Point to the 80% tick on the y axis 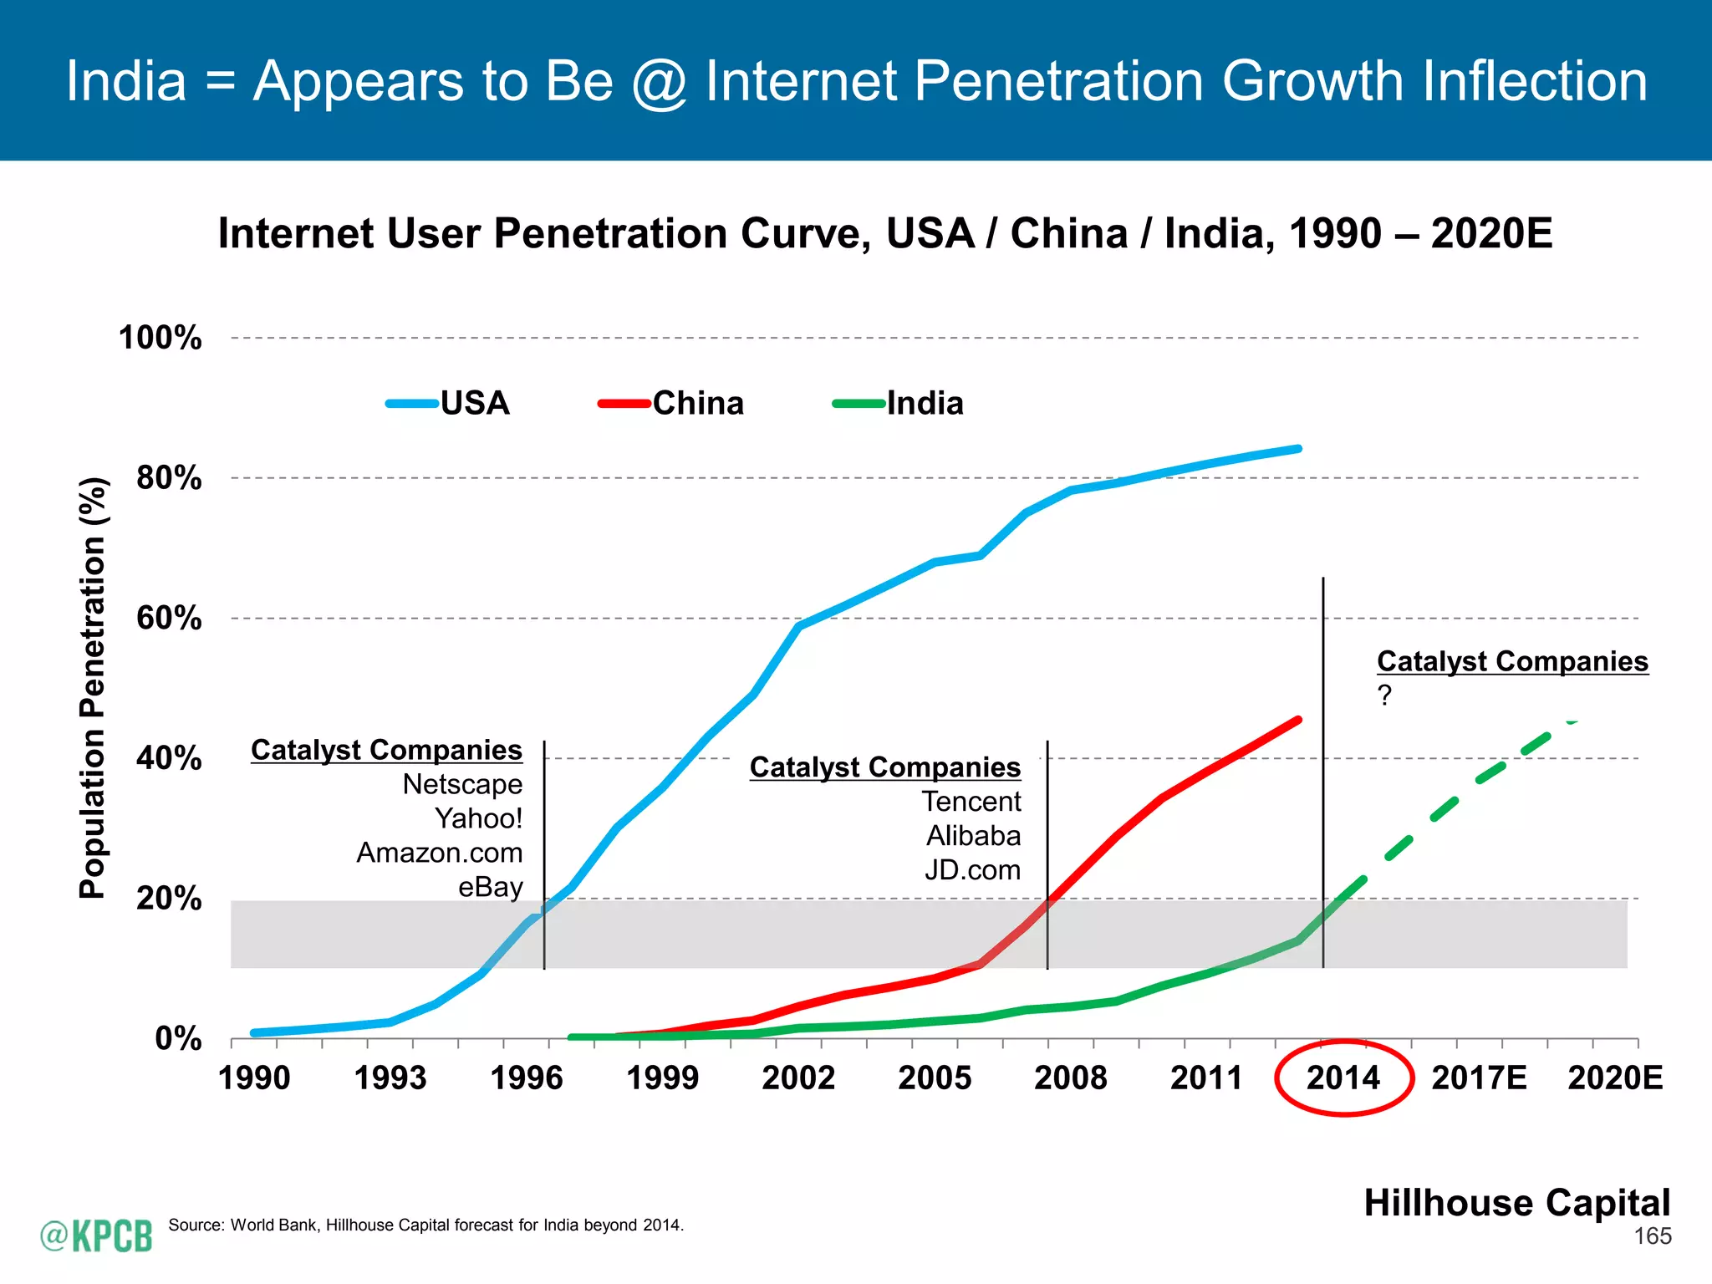click(x=169, y=478)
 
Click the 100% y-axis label click(x=160, y=338)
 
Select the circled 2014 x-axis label click(x=1343, y=1078)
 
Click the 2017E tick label click(x=1479, y=1078)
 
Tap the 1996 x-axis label click(x=527, y=1078)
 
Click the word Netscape click(x=462, y=784)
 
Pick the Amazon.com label click(x=440, y=853)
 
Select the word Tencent click(x=971, y=802)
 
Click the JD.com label click(x=972, y=870)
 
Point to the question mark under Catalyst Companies click(x=1385, y=695)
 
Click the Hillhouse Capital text click(x=1516, y=1203)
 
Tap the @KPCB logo click(x=96, y=1236)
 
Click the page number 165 click(x=1653, y=1236)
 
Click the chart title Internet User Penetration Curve click(x=884, y=233)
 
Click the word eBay click(x=490, y=887)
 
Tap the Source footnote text click(x=425, y=1225)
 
